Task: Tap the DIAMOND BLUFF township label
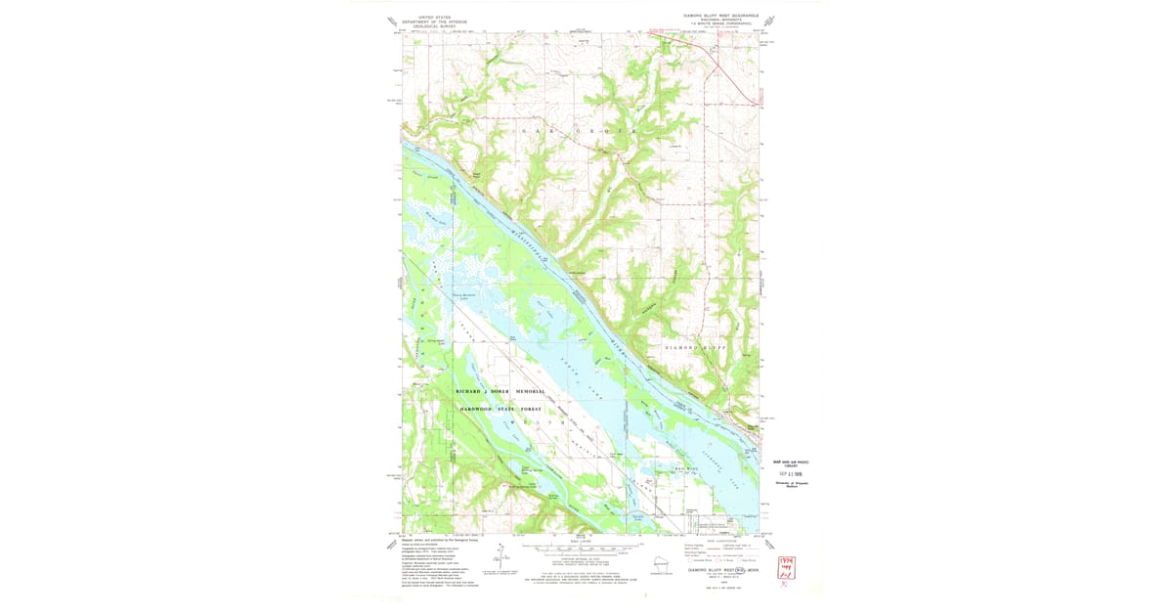(696, 348)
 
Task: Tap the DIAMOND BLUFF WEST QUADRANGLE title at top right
(721, 17)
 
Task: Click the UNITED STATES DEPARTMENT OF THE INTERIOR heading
(442, 21)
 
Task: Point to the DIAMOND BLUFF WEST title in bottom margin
(721, 567)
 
